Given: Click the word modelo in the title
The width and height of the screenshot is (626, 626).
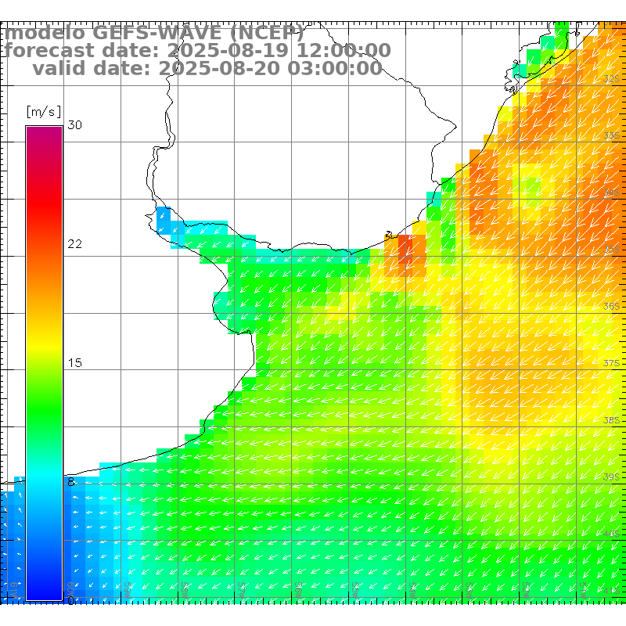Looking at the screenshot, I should pos(44,34).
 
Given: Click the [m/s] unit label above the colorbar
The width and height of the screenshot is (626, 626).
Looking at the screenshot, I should pos(43,112).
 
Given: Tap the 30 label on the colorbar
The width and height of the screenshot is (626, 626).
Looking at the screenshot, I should pos(74,125).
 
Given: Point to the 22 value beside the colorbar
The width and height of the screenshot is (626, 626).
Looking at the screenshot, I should pos(74,244).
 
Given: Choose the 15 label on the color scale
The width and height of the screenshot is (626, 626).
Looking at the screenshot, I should pos(74,363).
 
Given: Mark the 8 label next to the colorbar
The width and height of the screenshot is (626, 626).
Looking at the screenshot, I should pos(71,482).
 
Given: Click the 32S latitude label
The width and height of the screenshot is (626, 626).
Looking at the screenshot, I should pos(612,79).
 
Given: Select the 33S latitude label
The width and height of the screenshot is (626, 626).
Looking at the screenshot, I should pos(612,136).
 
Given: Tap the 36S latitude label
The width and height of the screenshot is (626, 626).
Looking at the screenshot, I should pos(612,307).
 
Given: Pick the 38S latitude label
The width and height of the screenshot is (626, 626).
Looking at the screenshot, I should pos(612,421).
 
